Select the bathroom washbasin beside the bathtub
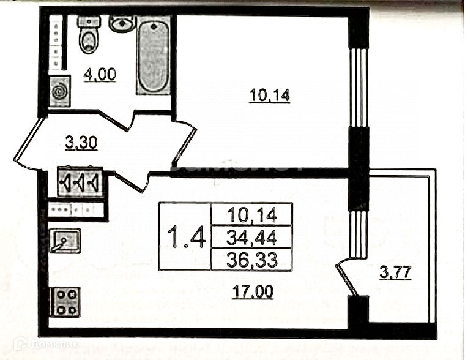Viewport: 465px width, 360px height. [x=122, y=24]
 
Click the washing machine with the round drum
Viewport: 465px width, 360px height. [x=59, y=92]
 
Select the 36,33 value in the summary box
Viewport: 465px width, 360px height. [x=251, y=259]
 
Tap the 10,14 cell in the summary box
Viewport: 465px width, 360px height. [x=251, y=214]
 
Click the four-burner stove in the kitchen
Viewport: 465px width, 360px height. [x=65, y=301]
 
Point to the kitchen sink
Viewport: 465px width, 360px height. [x=64, y=241]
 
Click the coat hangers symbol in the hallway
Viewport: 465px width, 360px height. [x=80, y=182]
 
